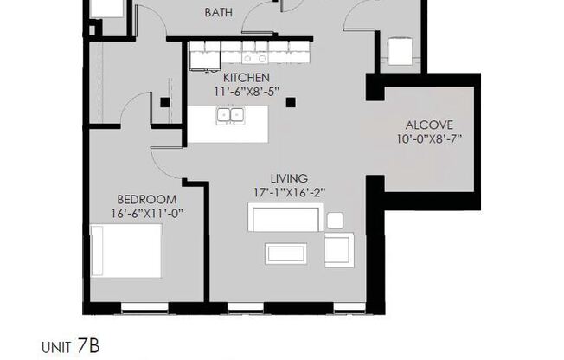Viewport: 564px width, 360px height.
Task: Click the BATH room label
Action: pyautogui.click(x=219, y=13)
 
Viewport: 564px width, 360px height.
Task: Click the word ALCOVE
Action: pyautogui.click(x=429, y=124)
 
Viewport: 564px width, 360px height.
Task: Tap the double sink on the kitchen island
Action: pyautogui.click(x=230, y=114)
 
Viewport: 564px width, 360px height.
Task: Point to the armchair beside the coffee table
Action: pyautogui.click(x=340, y=249)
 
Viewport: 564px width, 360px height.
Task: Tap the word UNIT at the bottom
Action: pyautogui.click(x=56, y=348)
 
